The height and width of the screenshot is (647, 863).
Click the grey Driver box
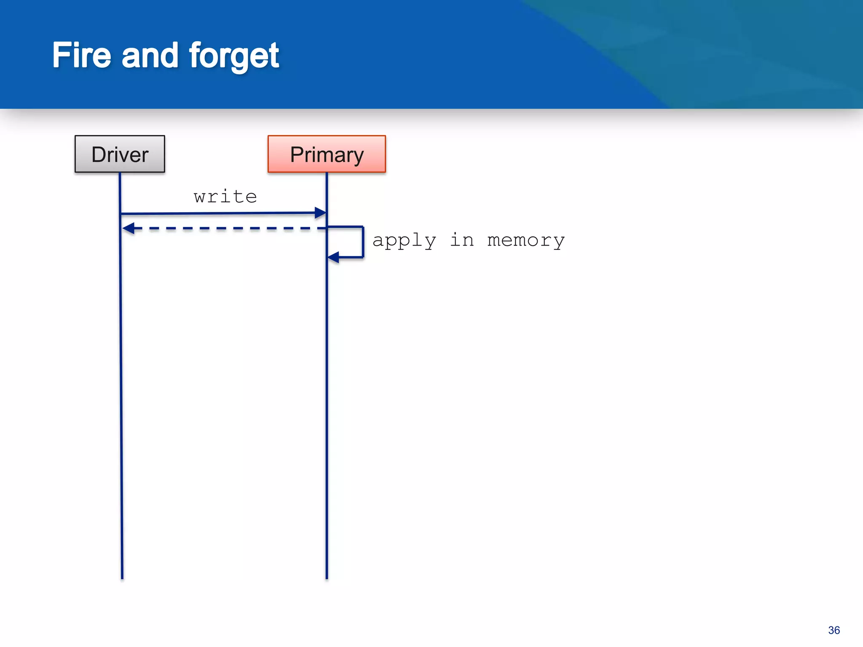click(x=120, y=154)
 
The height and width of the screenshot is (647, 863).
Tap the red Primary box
click(x=327, y=154)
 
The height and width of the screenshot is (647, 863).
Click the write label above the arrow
click(x=225, y=197)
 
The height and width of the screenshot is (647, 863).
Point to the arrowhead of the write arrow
click(x=321, y=213)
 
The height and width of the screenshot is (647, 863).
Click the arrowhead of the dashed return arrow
click(x=128, y=228)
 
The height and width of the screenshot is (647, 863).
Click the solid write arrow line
click(x=219, y=214)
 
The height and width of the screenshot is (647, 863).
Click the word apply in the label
click(x=404, y=241)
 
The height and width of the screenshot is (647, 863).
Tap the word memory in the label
click(x=525, y=241)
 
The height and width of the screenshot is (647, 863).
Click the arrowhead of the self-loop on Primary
click(x=333, y=257)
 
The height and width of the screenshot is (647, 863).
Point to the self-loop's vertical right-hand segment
click(x=363, y=242)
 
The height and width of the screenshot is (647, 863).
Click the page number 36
click(x=834, y=630)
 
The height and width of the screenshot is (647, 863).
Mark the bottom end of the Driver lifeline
click(x=122, y=577)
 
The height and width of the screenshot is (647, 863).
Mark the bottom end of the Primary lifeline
click(x=327, y=577)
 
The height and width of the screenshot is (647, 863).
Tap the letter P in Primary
click(x=297, y=155)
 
